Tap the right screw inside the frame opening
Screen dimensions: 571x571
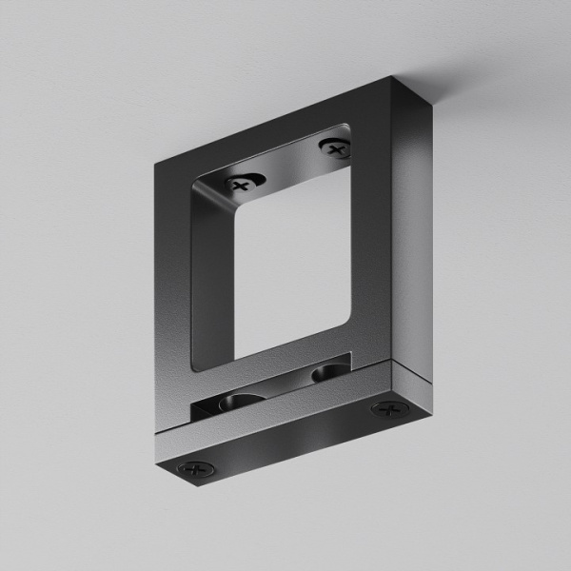point(333,148)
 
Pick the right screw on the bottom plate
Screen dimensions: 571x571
point(386,409)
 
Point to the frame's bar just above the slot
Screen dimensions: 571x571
point(276,366)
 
